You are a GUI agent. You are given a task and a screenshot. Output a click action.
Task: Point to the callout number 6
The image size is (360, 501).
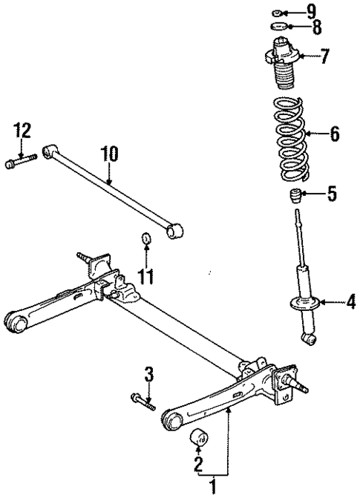pos(334,134)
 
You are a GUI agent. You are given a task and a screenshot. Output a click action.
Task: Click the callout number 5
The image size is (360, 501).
pos(332,196)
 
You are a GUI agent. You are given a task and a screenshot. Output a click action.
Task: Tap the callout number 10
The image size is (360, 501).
pos(109,155)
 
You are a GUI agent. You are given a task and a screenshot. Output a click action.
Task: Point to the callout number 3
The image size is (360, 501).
pos(148,374)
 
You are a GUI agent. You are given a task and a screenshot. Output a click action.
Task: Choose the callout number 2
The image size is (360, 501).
pos(198,465)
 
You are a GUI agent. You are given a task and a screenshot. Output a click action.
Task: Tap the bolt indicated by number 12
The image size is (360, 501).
pos(22,160)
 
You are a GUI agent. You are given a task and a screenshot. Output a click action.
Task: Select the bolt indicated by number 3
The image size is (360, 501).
pos(143,401)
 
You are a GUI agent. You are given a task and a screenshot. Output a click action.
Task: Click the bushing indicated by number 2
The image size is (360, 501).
pos(199,439)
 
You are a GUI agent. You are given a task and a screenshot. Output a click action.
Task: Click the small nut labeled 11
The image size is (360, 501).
pos(147,239)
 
